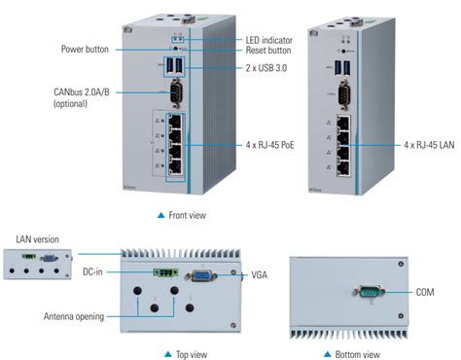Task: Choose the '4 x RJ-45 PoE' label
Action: [269, 144]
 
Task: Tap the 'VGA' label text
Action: [259, 275]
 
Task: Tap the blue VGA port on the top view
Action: [202, 276]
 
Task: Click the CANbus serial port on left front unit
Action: [176, 95]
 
